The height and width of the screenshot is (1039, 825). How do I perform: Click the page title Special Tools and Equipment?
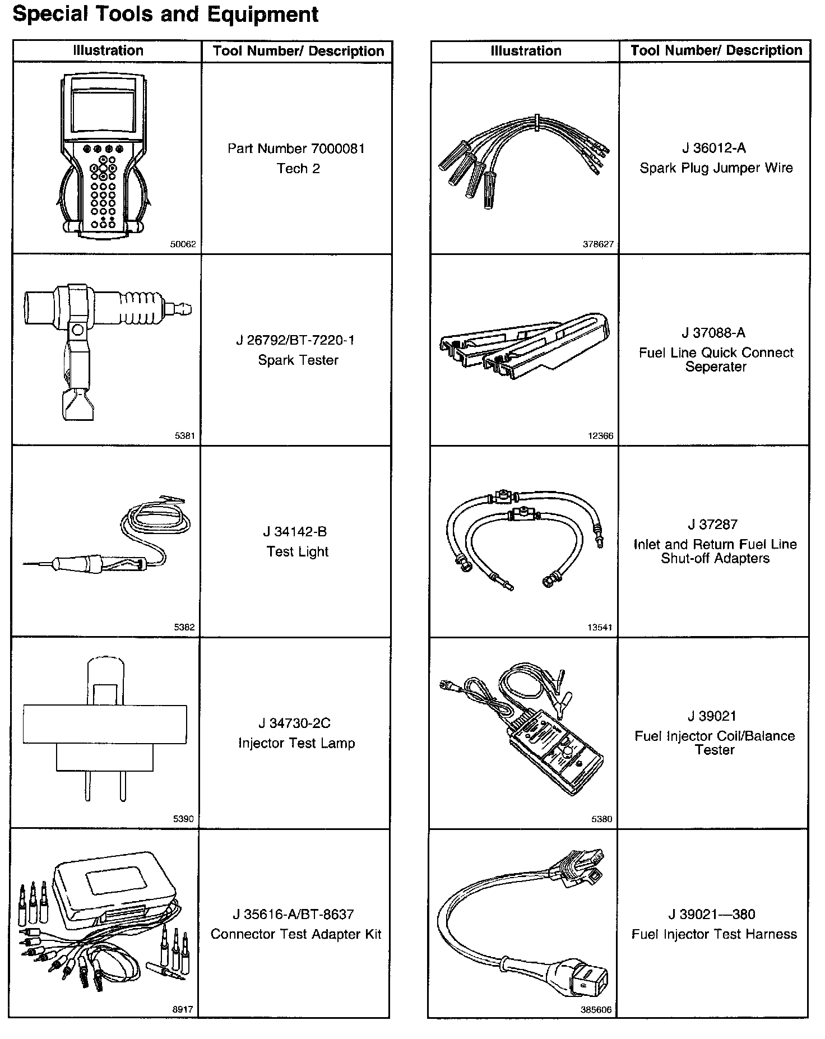click(165, 14)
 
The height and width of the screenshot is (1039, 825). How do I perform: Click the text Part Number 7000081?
click(296, 149)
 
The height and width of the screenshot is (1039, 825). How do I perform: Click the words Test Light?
click(297, 551)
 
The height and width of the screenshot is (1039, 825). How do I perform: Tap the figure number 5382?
click(184, 627)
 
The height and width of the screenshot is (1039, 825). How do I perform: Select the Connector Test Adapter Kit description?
click(296, 934)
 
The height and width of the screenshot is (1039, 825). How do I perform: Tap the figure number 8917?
click(183, 1009)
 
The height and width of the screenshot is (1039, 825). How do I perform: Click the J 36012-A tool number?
click(713, 148)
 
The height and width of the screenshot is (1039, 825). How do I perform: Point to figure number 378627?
click(598, 244)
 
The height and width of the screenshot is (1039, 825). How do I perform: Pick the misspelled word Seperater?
click(716, 367)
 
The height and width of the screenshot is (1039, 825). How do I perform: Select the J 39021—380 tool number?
click(712, 915)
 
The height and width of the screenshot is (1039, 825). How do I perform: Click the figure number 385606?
click(596, 1010)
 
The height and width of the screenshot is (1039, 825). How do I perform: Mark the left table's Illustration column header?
click(108, 51)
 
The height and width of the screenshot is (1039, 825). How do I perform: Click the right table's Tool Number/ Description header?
click(716, 51)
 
